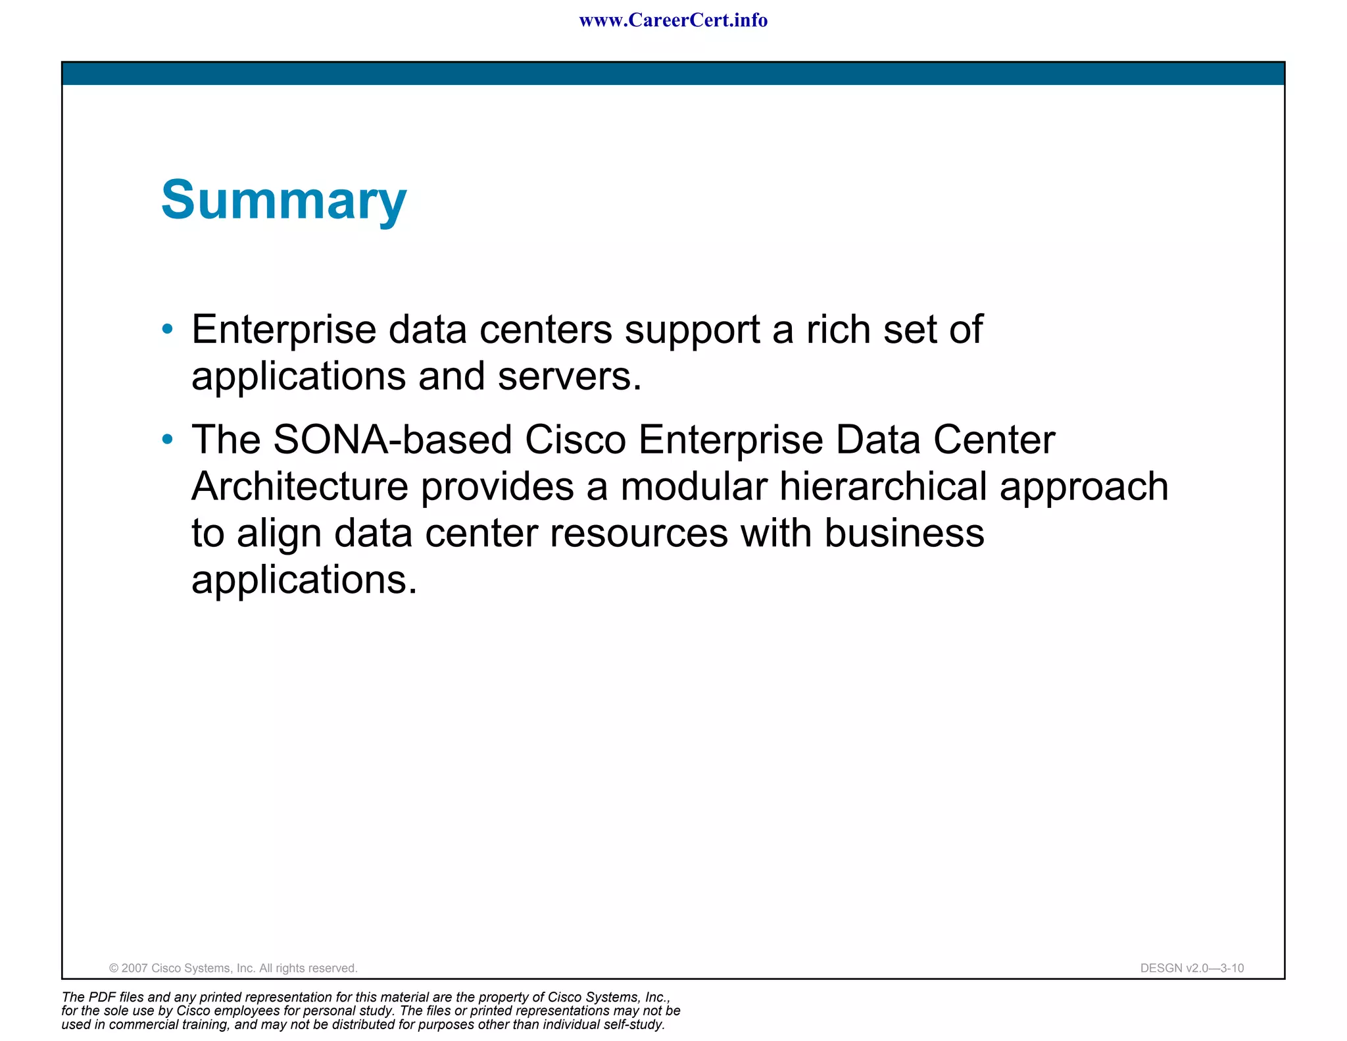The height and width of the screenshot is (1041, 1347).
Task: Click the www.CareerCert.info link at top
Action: (x=673, y=20)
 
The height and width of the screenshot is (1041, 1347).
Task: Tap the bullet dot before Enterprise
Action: (x=168, y=328)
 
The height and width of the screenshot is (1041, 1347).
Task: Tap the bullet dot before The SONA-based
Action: (x=168, y=439)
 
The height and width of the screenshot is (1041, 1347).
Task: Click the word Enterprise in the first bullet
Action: (x=283, y=330)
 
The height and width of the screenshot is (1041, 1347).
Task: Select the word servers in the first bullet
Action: (x=569, y=376)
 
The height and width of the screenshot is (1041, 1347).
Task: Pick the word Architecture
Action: (x=300, y=486)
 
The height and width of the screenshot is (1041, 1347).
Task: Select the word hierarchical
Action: (x=883, y=486)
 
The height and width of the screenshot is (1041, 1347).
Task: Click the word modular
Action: (x=694, y=486)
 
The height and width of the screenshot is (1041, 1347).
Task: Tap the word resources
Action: (x=639, y=533)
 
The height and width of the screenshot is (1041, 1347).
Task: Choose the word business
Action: (x=904, y=533)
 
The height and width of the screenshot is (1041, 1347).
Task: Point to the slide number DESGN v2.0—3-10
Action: (x=1192, y=968)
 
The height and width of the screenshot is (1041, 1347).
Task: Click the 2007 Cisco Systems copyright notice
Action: (x=233, y=968)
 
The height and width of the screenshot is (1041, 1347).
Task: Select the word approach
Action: (x=1084, y=488)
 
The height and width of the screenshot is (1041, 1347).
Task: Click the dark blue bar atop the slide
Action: (x=673, y=74)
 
